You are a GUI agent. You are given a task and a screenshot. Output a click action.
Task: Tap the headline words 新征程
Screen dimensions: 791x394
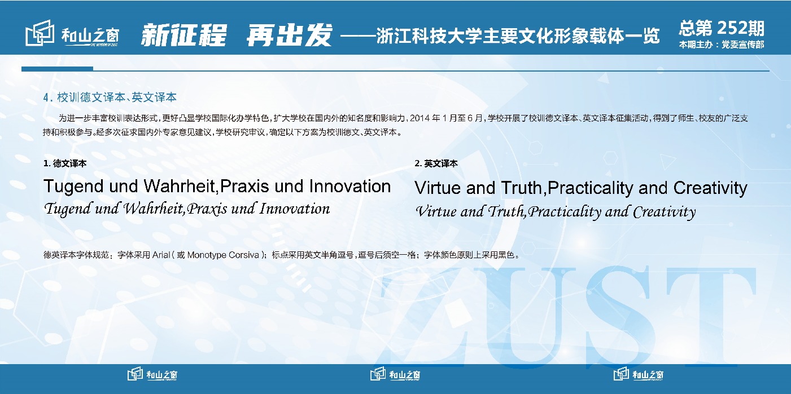click(x=183, y=36)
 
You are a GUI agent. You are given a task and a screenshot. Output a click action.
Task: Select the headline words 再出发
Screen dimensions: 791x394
click(x=289, y=36)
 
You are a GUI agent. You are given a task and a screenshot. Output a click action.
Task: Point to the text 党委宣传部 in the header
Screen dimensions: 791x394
click(x=743, y=45)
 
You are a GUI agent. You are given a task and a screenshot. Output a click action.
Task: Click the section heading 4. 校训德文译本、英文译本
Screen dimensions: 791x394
click(x=110, y=98)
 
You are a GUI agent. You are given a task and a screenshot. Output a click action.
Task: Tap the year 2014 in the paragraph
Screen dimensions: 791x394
click(x=420, y=118)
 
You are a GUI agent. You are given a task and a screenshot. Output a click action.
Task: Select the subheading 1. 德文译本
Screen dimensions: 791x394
click(x=65, y=163)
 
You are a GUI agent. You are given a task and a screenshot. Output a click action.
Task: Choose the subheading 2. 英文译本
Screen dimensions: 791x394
click(x=436, y=163)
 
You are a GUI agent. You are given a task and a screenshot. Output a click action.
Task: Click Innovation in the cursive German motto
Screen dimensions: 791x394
click(x=295, y=209)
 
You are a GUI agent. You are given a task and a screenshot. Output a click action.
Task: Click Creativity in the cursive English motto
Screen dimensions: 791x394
click(x=664, y=212)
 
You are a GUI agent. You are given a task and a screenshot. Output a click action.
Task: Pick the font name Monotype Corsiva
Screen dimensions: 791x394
click(x=223, y=255)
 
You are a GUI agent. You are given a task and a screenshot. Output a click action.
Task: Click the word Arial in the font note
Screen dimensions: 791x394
click(x=161, y=255)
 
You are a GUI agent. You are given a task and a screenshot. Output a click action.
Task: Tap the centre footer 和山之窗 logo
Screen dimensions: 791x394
click(x=395, y=374)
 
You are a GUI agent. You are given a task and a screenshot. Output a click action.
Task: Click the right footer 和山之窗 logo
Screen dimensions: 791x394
click(x=639, y=374)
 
